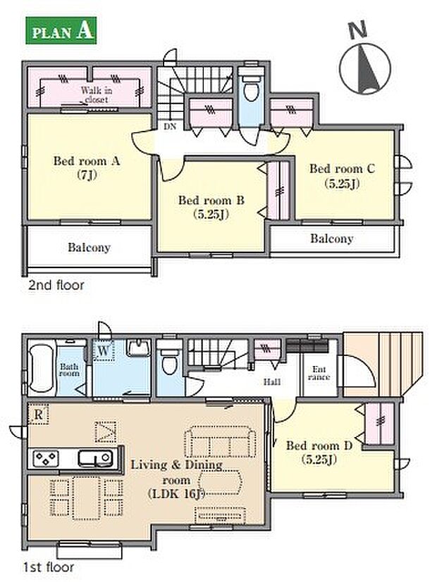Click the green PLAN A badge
(61, 30)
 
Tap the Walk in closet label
(97, 94)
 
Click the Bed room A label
(87, 167)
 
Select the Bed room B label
(211, 207)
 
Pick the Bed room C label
(343, 175)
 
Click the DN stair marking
(170, 127)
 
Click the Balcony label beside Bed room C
(331, 239)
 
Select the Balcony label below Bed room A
(90, 248)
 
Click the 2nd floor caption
(56, 285)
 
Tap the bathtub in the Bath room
(42, 368)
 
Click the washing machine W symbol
(103, 350)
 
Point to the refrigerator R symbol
(38, 414)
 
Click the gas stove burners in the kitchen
(46, 458)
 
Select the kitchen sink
(95, 458)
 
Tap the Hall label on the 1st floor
(272, 382)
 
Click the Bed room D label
(319, 453)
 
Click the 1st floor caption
(49, 567)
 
